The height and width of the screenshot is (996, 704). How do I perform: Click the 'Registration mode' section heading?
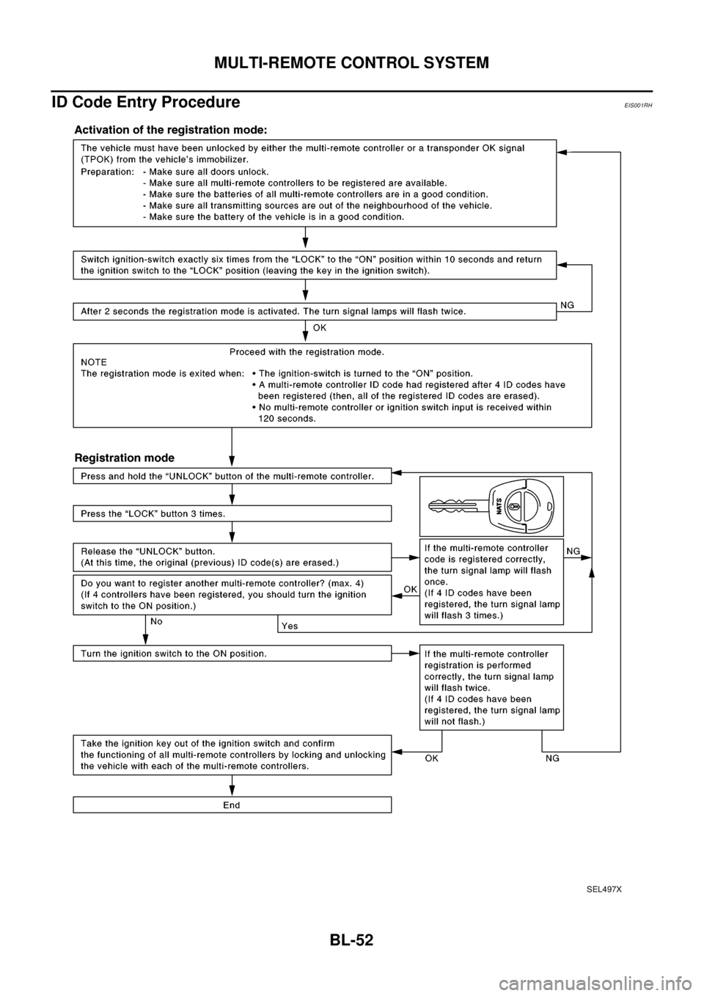(125, 458)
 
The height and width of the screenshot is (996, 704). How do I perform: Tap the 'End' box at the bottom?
(232, 805)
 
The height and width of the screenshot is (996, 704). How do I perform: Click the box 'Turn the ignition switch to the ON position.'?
(232, 653)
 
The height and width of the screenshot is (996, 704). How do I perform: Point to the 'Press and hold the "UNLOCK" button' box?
(232, 476)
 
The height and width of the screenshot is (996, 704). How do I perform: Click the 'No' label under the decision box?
(156, 620)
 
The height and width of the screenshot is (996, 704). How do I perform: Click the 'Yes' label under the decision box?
(290, 626)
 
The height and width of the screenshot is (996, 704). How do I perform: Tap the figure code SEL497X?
(604, 888)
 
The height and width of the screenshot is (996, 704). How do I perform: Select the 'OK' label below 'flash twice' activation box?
(320, 328)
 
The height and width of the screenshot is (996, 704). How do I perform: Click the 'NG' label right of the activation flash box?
(567, 303)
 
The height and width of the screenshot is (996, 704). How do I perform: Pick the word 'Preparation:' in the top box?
(107, 171)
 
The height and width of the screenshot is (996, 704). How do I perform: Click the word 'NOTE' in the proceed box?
(94, 362)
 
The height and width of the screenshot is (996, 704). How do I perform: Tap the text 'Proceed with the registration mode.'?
(307, 351)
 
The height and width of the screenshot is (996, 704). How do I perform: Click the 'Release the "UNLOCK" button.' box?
(232, 557)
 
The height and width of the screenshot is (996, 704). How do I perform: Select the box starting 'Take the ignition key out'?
(232, 755)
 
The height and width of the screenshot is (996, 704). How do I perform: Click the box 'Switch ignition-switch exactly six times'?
(314, 265)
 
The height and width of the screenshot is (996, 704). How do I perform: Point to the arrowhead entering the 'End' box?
(232, 792)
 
